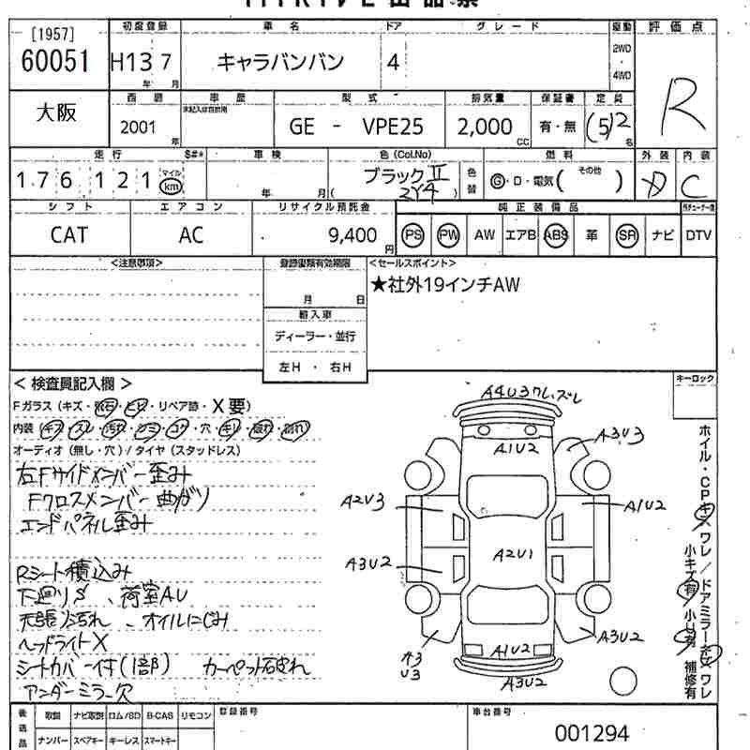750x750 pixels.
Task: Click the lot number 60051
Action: pyautogui.click(x=53, y=62)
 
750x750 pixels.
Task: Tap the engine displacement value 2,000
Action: pyautogui.click(x=485, y=127)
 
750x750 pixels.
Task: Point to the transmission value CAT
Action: pyautogui.click(x=69, y=235)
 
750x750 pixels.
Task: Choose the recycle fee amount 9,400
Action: pyautogui.click(x=354, y=235)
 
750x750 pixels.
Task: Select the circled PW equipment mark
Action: pyautogui.click(x=449, y=235)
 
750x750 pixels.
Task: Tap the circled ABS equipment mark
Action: pyautogui.click(x=557, y=235)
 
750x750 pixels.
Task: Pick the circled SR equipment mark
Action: pyautogui.click(x=626, y=235)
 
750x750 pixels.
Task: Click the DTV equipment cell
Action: pyautogui.click(x=698, y=235)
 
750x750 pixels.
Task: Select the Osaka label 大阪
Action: pyautogui.click(x=55, y=112)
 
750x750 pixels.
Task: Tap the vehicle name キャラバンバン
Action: pyautogui.click(x=281, y=63)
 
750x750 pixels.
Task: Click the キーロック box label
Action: pyautogui.click(x=695, y=378)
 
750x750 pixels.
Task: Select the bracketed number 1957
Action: pyautogui.click(x=52, y=34)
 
